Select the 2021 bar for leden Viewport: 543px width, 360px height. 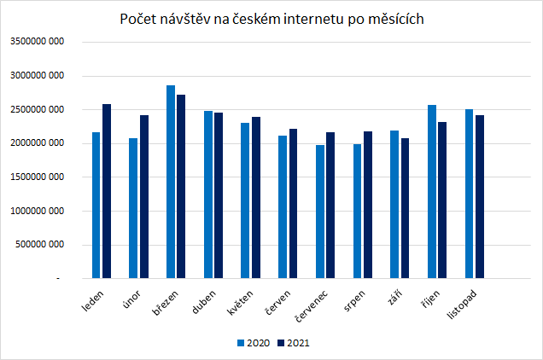107,191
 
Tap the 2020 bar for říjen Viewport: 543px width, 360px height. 432,191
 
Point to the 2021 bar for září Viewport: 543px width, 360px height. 405,208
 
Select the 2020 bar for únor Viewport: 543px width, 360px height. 133,208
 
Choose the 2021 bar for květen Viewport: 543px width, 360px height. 255,197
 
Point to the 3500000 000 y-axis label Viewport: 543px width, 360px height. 38,42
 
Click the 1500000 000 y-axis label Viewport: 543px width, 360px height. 38,177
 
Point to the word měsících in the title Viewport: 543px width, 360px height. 398,19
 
